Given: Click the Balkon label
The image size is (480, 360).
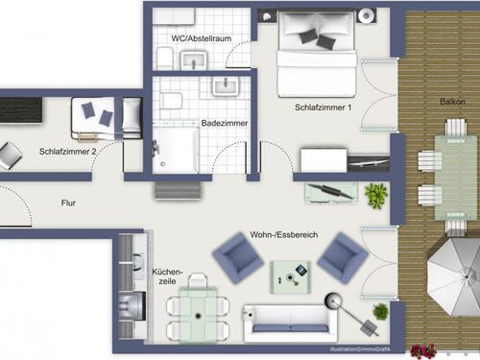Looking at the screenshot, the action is pos(452,102).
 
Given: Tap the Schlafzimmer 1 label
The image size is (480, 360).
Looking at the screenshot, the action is pos(323,108).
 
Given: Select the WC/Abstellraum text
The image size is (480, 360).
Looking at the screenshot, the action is pos(202,38).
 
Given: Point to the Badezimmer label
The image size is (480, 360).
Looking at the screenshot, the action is pos(225,123).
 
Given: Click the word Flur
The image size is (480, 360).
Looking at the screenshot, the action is pos(68,203).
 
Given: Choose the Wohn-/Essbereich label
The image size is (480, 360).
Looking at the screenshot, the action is pos(284,234).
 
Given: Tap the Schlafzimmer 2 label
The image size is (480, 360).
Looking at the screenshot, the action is pos(67,152).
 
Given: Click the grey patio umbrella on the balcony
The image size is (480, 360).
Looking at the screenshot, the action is pos(454,276).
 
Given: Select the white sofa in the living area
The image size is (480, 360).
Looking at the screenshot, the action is pos(290,323).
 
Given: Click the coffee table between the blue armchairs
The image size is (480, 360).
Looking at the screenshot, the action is pos(290,276).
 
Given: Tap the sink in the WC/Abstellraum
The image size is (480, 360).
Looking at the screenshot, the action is pos(194,60).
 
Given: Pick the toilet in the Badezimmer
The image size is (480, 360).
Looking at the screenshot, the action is pos(171,101).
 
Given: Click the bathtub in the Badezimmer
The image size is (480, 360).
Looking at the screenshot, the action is pos(176,150).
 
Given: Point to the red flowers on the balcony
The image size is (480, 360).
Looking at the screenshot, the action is pos(423,350).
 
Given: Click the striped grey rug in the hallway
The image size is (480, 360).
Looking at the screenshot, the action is pos(179,191).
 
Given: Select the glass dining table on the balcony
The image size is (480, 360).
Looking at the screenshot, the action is pos(456,178).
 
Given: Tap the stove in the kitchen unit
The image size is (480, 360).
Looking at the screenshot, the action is pos(132,306).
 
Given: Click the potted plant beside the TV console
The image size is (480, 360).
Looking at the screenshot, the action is pos(376,195).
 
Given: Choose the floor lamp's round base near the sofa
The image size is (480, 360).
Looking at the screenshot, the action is pos(333,301).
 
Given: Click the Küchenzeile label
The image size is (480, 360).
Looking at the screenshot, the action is pos(167,276).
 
